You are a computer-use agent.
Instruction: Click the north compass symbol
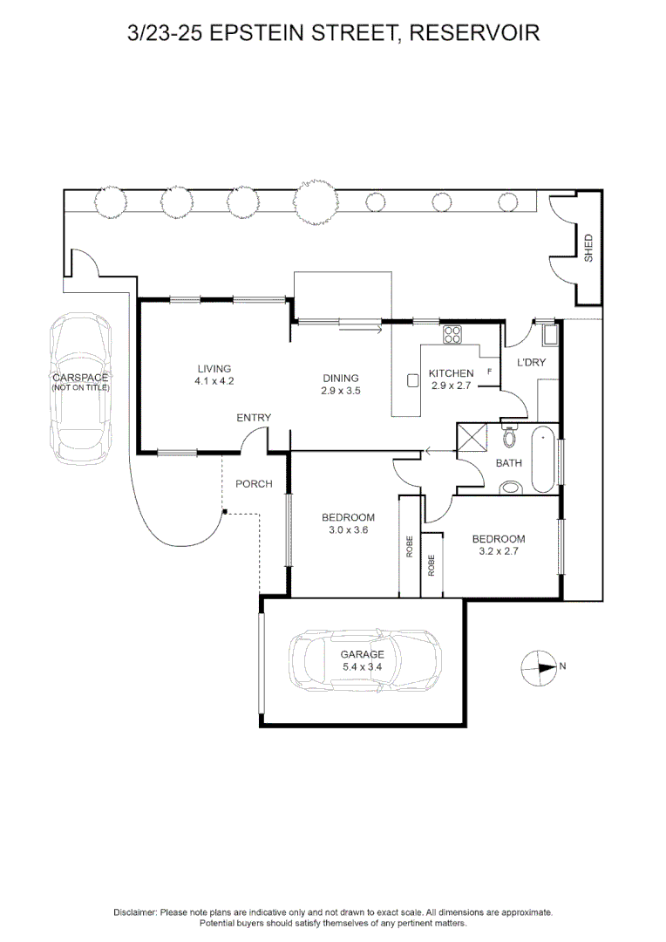[x=538, y=667]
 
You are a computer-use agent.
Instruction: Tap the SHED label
[x=588, y=248]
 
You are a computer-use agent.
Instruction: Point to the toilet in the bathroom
[x=510, y=436]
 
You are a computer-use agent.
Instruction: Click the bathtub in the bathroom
[x=542, y=460]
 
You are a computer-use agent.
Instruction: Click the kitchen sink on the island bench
[x=413, y=380]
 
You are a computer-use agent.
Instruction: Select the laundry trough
[x=549, y=335]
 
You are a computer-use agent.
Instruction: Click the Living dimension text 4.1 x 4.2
[x=214, y=381]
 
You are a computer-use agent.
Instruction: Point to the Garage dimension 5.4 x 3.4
[x=362, y=666]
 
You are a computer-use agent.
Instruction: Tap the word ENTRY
[x=254, y=418]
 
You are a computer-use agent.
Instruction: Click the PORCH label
[x=254, y=484]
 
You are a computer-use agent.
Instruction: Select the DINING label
[x=341, y=378]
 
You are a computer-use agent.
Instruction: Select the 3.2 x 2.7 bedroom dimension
[x=499, y=551]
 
